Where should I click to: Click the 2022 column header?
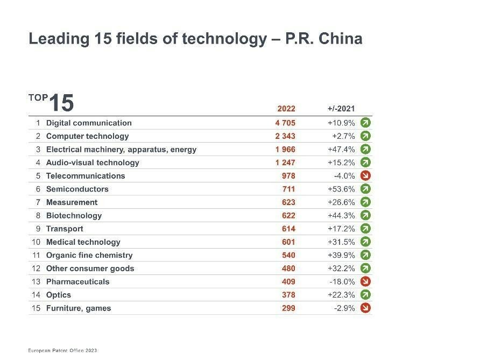[x=286, y=108]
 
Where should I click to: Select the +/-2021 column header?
[x=341, y=108]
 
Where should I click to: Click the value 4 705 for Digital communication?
[x=285, y=123]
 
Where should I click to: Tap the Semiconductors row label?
[x=77, y=189]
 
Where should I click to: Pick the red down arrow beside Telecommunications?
[x=366, y=175]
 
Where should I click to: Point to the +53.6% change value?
[x=341, y=189]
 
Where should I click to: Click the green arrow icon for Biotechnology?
[x=366, y=215]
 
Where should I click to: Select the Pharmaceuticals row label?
[x=77, y=281]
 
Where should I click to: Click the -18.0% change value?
[x=342, y=281]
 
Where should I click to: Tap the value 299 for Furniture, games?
[x=288, y=308]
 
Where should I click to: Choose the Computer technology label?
[x=88, y=136]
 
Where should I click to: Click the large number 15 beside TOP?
[x=61, y=102]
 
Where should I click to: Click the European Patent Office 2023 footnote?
[x=62, y=350]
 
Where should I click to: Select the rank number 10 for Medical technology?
[x=36, y=242]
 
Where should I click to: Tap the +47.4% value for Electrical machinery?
[x=341, y=149]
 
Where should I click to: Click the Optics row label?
[x=59, y=295]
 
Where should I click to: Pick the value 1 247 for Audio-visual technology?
[x=285, y=163]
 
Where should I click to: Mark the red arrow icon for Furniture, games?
[x=366, y=308]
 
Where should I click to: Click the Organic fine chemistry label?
[x=89, y=255]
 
